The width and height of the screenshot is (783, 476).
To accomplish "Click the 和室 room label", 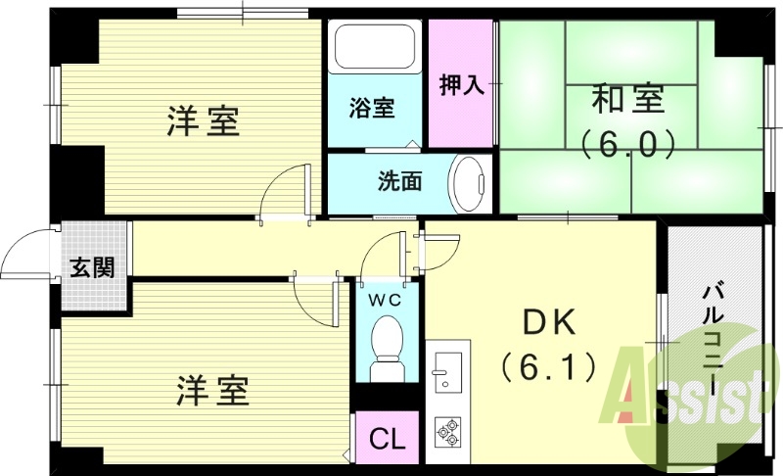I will click(x=627, y=100).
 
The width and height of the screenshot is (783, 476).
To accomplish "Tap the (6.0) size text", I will click(x=627, y=144).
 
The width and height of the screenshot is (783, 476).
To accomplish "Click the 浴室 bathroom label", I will click(x=373, y=107).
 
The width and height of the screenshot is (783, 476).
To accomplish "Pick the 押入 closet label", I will click(x=461, y=84).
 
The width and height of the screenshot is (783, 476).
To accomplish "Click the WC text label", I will click(x=387, y=301).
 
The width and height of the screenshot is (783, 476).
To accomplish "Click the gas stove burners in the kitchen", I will click(x=447, y=430).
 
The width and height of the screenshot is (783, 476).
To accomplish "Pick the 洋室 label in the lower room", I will click(x=212, y=390).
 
